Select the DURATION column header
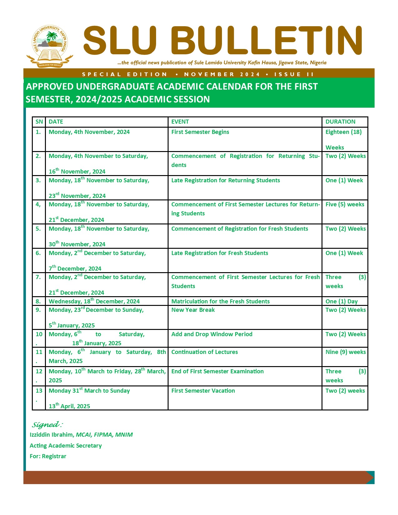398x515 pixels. (340, 122)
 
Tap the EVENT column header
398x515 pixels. (180, 122)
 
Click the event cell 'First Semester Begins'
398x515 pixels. (200, 132)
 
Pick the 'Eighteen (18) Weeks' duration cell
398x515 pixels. (343, 139)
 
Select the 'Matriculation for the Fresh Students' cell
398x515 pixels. (220, 302)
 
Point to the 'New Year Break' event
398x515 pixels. (193, 310)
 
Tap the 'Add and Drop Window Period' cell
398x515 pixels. (212, 334)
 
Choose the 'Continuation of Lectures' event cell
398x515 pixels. (204, 352)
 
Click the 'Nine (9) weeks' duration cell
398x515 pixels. (346, 352)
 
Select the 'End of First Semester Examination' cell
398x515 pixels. (217, 371)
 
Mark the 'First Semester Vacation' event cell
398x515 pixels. (203, 391)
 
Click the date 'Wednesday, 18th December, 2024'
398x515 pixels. (94, 302)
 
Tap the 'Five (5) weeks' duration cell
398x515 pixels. (345, 204)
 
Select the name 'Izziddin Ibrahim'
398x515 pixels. (52, 435)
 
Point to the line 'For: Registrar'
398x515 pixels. (48, 456)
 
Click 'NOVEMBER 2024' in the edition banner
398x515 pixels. (222, 74)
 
